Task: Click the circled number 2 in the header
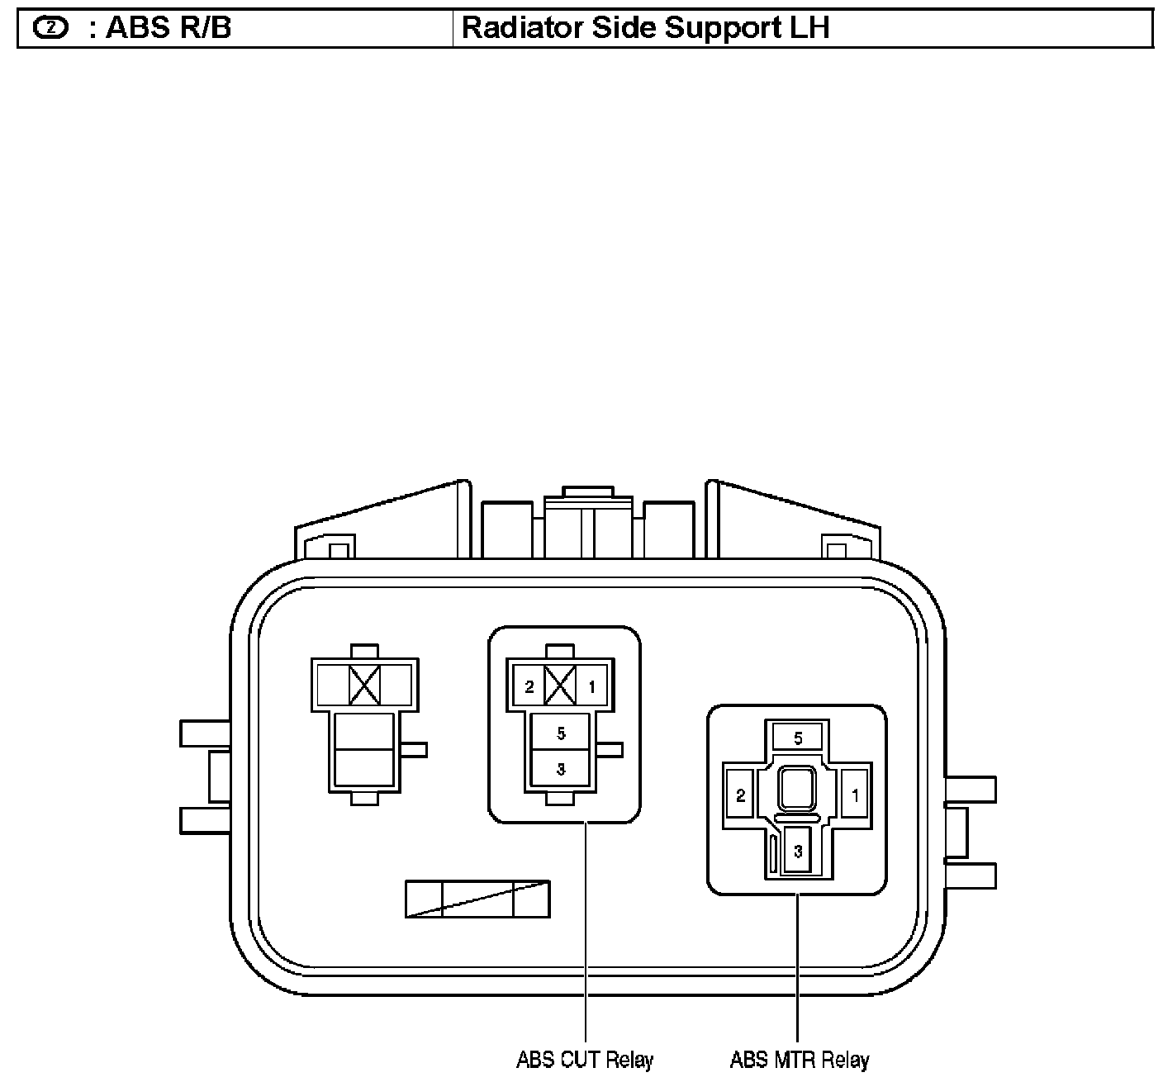tap(50, 27)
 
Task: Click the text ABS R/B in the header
tap(169, 27)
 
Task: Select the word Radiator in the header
tap(522, 27)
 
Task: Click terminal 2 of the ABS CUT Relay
tap(529, 686)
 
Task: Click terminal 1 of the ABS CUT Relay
tap(591, 686)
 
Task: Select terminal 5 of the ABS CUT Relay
tap(560, 733)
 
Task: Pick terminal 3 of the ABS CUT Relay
tap(560, 769)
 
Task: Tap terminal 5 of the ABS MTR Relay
tap(798, 738)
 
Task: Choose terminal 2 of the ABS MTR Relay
tap(740, 795)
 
